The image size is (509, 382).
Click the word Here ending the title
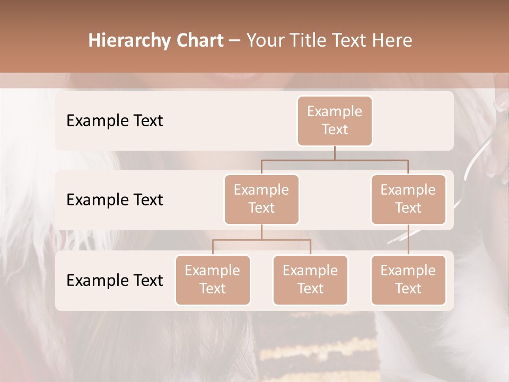(x=392, y=41)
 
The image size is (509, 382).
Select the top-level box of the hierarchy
(x=335, y=120)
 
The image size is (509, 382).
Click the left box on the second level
(x=261, y=199)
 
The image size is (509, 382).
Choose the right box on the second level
(x=408, y=199)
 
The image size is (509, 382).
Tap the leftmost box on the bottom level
(x=213, y=280)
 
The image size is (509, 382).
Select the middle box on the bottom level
(x=310, y=280)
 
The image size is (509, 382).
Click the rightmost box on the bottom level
(x=408, y=280)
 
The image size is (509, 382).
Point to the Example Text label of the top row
(x=115, y=120)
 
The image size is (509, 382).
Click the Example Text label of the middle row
(x=115, y=199)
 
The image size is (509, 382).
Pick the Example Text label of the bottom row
(x=115, y=280)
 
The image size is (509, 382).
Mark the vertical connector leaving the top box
(x=335, y=153)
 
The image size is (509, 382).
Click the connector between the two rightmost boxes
(x=408, y=240)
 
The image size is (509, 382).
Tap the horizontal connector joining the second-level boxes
(x=335, y=160)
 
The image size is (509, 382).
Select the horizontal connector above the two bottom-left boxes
(x=261, y=240)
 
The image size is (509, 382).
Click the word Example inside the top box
(x=335, y=111)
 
